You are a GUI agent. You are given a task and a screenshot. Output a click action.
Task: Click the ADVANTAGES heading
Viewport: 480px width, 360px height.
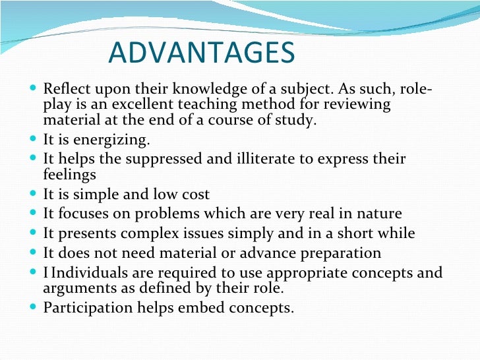[201, 53]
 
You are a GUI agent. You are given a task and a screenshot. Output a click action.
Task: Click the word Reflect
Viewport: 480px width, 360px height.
[64, 89]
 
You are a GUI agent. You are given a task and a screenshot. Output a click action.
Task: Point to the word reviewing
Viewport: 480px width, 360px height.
[359, 105]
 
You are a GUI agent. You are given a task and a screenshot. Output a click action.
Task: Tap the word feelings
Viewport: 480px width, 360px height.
[69, 175]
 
